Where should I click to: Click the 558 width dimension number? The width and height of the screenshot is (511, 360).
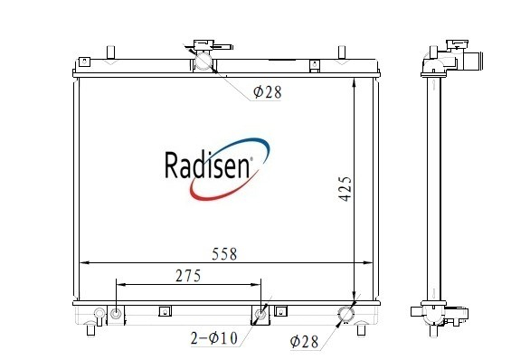tap(224, 254)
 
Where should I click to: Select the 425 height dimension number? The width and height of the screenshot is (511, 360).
tap(345, 189)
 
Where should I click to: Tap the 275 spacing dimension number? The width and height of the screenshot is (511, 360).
tap(188, 276)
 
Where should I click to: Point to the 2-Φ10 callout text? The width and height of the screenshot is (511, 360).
tap(214, 338)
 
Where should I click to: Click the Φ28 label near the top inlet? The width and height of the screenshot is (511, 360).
tap(267, 92)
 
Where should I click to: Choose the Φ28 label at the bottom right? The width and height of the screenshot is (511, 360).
tap(304, 341)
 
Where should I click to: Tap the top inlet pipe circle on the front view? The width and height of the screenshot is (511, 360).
tap(203, 62)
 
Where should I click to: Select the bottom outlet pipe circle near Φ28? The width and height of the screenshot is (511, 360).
tap(346, 314)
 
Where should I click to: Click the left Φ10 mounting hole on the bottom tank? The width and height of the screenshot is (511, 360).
tap(116, 314)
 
